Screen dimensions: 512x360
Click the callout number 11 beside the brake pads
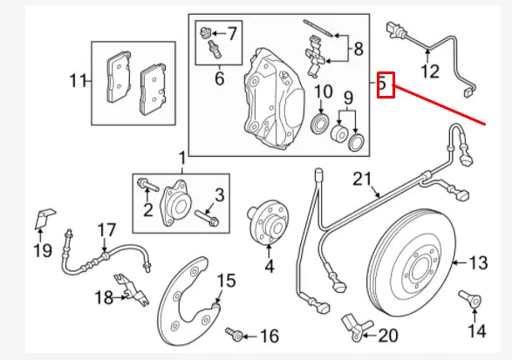pos(78,80)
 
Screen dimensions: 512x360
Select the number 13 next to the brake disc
pos(478,262)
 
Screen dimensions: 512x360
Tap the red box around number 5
pos(386,85)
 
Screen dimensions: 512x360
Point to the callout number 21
pos(362,180)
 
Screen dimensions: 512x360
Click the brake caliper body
pos(274,98)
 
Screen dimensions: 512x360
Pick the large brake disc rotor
pos(411,262)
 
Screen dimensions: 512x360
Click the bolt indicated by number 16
pos(234,334)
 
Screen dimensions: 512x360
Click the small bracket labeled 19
pos(44,219)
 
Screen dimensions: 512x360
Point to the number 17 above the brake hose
pos(106,230)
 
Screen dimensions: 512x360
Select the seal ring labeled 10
pos(321,123)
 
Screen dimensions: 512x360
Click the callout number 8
pos(358,49)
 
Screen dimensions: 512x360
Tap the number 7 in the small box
pos(231,33)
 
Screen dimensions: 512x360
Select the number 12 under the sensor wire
pos(430,71)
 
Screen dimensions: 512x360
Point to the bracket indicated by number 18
pos(133,289)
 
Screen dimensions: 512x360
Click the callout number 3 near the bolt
pos(220,195)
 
